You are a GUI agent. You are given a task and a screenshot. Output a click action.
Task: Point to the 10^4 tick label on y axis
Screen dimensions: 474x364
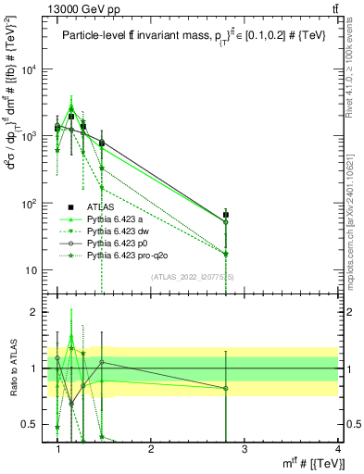[x=30, y=69]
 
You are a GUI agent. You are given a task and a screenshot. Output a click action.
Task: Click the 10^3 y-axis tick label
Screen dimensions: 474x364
[x=30, y=137]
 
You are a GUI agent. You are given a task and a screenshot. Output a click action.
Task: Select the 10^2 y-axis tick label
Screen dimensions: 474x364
[x=30, y=204]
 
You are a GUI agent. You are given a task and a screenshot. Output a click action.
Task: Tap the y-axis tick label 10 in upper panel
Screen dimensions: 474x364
[x=31, y=270]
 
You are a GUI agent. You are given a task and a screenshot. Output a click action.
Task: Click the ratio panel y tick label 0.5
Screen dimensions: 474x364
[x=31, y=424]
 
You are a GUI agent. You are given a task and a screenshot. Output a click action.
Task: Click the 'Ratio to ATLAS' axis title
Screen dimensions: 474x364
[x=10, y=368]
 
